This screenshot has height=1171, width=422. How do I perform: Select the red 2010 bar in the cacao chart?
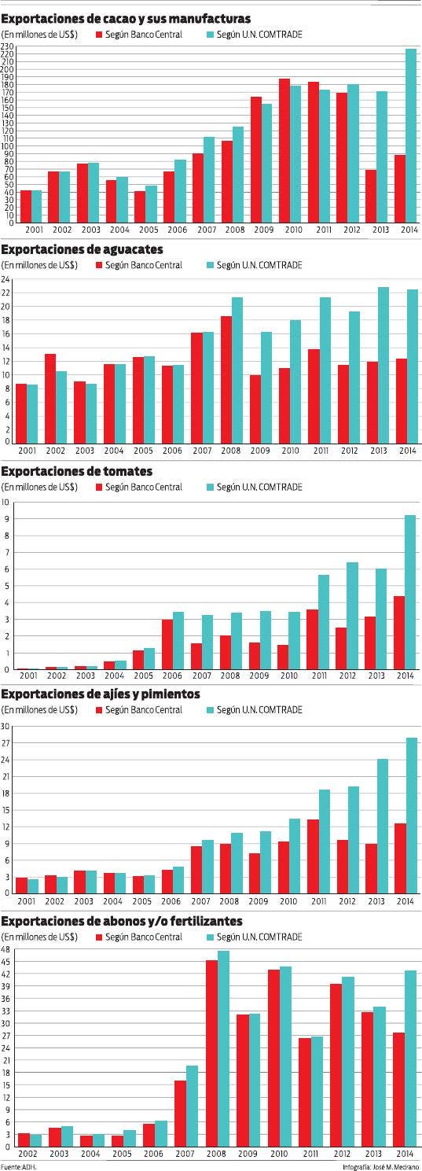[x=284, y=150]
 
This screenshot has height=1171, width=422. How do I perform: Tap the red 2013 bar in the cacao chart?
[x=371, y=196]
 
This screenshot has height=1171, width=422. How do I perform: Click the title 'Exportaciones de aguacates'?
[x=83, y=249]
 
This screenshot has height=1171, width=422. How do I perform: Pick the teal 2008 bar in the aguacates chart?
[x=237, y=369]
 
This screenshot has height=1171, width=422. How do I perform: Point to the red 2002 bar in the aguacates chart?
[x=50, y=397]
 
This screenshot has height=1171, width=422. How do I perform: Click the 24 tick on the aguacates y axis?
[x=5, y=279]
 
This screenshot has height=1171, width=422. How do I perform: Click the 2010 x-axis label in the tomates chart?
[x=288, y=676]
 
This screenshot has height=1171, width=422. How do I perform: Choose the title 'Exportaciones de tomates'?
[x=77, y=471]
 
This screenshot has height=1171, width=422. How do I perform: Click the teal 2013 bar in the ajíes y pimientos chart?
[x=381, y=825]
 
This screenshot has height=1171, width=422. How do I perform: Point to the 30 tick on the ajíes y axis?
[x=5, y=726]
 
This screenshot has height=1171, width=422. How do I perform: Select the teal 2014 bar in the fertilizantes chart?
[x=410, y=1058]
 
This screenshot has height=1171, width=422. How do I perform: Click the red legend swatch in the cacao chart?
[x=99, y=35]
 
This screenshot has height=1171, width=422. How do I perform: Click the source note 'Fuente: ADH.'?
[x=19, y=1166]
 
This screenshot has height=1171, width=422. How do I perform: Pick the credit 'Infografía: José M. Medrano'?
[x=380, y=1166]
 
